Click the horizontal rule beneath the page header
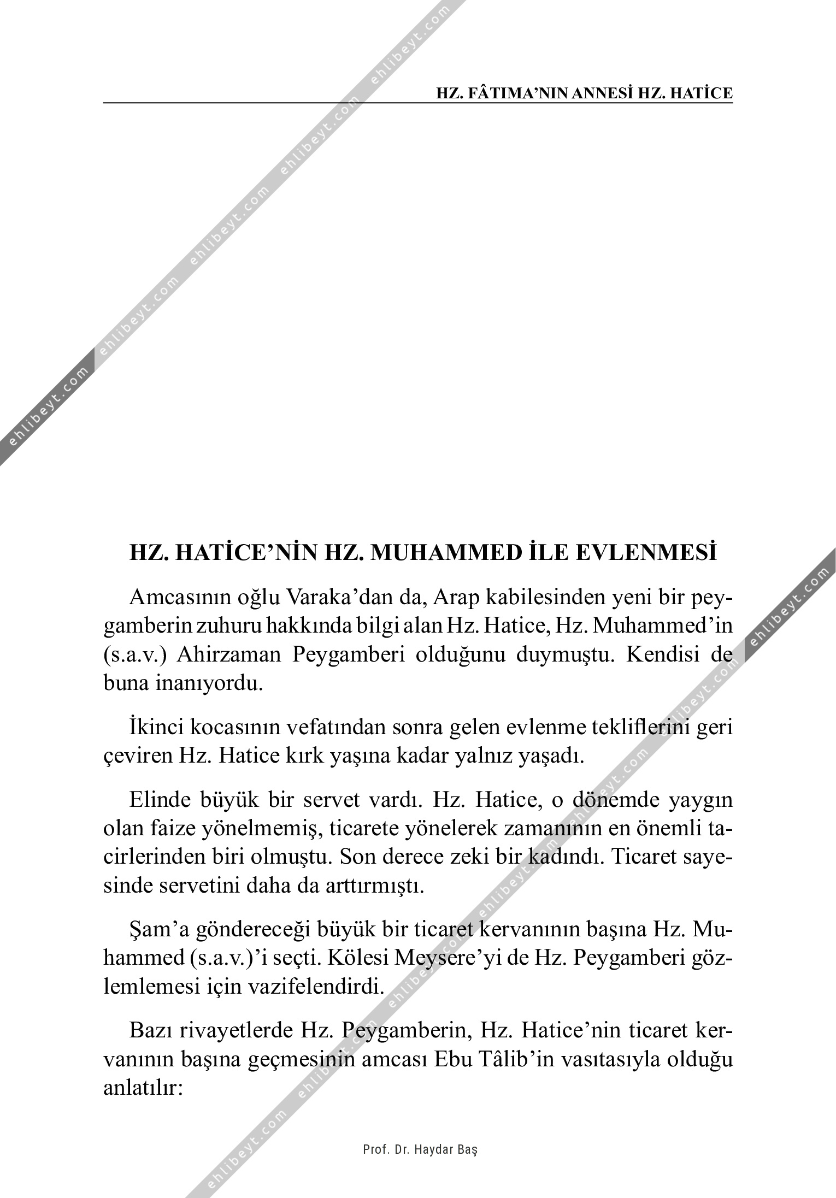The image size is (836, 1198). pos(418,102)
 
